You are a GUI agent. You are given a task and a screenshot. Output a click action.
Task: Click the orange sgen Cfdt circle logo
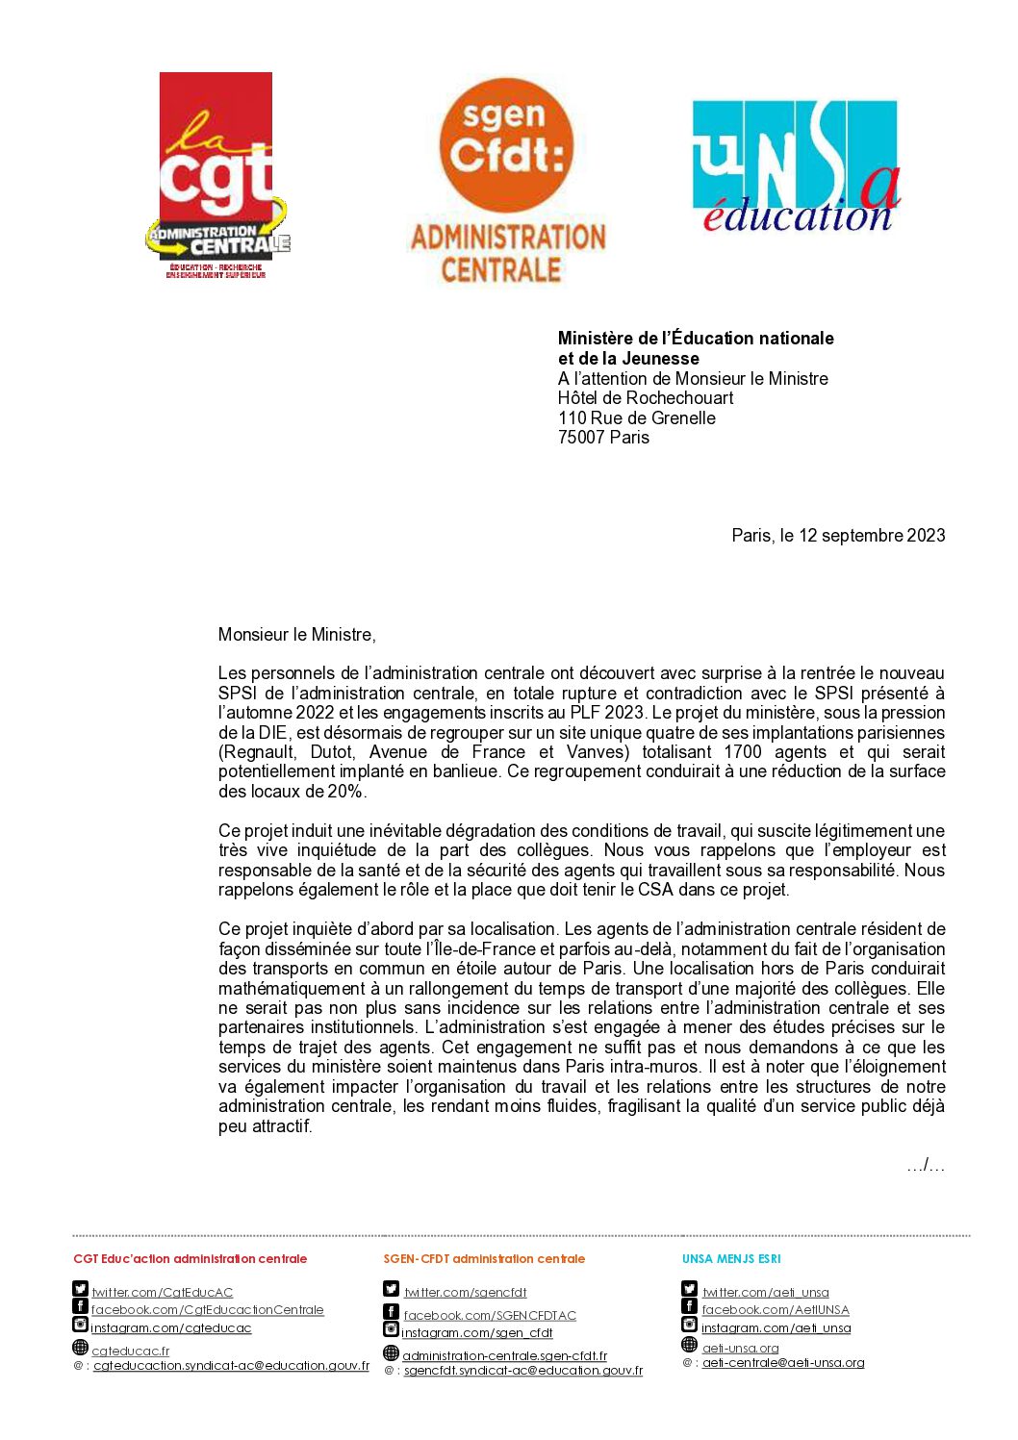point(506,145)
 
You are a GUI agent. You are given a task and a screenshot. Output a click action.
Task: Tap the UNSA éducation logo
point(796,167)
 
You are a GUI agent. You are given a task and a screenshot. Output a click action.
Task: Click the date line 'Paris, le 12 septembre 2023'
point(838,536)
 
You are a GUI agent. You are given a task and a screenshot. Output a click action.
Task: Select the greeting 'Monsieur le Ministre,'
point(296,635)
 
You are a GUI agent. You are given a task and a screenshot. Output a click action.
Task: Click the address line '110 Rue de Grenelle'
point(636,418)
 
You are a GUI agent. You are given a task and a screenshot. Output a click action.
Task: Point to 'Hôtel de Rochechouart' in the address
point(645,398)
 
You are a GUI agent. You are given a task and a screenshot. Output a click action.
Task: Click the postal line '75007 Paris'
point(603,438)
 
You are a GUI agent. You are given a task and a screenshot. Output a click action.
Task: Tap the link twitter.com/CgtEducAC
point(163,1293)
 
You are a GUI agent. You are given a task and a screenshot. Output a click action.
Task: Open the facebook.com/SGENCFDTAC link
point(490,1316)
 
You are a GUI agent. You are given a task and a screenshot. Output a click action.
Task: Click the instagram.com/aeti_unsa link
point(776,1328)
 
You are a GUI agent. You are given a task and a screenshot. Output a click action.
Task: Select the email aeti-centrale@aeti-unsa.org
point(783,1363)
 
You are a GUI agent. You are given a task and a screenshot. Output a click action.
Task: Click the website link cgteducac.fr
point(131,1352)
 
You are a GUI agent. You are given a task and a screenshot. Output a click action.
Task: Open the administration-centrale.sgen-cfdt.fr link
point(504,1356)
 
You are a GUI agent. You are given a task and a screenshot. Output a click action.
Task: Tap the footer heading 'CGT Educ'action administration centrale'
point(191,1259)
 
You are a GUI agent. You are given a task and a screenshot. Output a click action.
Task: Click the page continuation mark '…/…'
point(925,1166)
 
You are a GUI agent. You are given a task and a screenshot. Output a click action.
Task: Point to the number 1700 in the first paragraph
point(742,752)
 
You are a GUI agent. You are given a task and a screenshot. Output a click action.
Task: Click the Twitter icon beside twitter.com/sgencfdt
point(391,1289)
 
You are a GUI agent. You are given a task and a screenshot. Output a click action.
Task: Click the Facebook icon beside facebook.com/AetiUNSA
point(689,1306)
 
